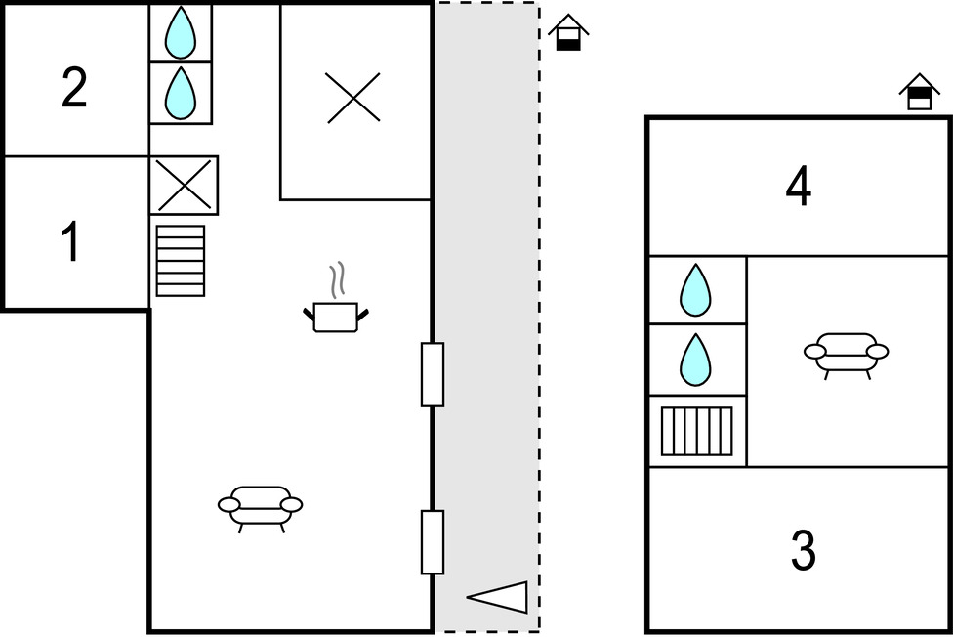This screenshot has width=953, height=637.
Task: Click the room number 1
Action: pyautogui.click(x=70, y=242)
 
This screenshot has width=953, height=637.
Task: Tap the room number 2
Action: pyautogui.click(x=74, y=88)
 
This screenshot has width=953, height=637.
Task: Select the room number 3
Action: pyautogui.click(x=802, y=552)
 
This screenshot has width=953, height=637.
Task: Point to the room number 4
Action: pyautogui.click(x=799, y=187)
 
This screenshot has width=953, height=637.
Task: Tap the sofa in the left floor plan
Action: pyautogui.click(x=260, y=506)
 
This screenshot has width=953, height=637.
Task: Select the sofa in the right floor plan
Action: pyautogui.click(x=846, y=353)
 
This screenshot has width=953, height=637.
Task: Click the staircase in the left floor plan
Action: pyautogui.click(x=181, y=261)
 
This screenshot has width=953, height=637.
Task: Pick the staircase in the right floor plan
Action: pyautogui.click(x=696, y=431)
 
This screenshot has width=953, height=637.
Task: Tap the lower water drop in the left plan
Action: pyautogui.click(x=180, y=93)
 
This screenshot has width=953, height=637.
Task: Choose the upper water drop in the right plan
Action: pyautogui.click(x=695, y=290)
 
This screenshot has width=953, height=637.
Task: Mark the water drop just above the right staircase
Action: pyautogui.click(x=695, y=360)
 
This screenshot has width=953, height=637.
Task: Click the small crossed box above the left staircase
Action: pyautogui.click(x=184, y=185)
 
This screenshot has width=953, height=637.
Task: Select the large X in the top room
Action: pyautogui.click(x=353, y=98)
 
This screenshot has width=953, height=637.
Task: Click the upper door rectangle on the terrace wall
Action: pyautogui.click(x=433, y=374)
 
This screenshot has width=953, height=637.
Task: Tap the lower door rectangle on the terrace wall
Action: pyautogui.click(x=433, y=542)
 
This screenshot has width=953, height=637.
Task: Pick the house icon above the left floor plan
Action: pyautogui.click(x=567, y=33)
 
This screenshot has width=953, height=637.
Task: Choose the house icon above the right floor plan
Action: pyautogui.click(x=918, y=93)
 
